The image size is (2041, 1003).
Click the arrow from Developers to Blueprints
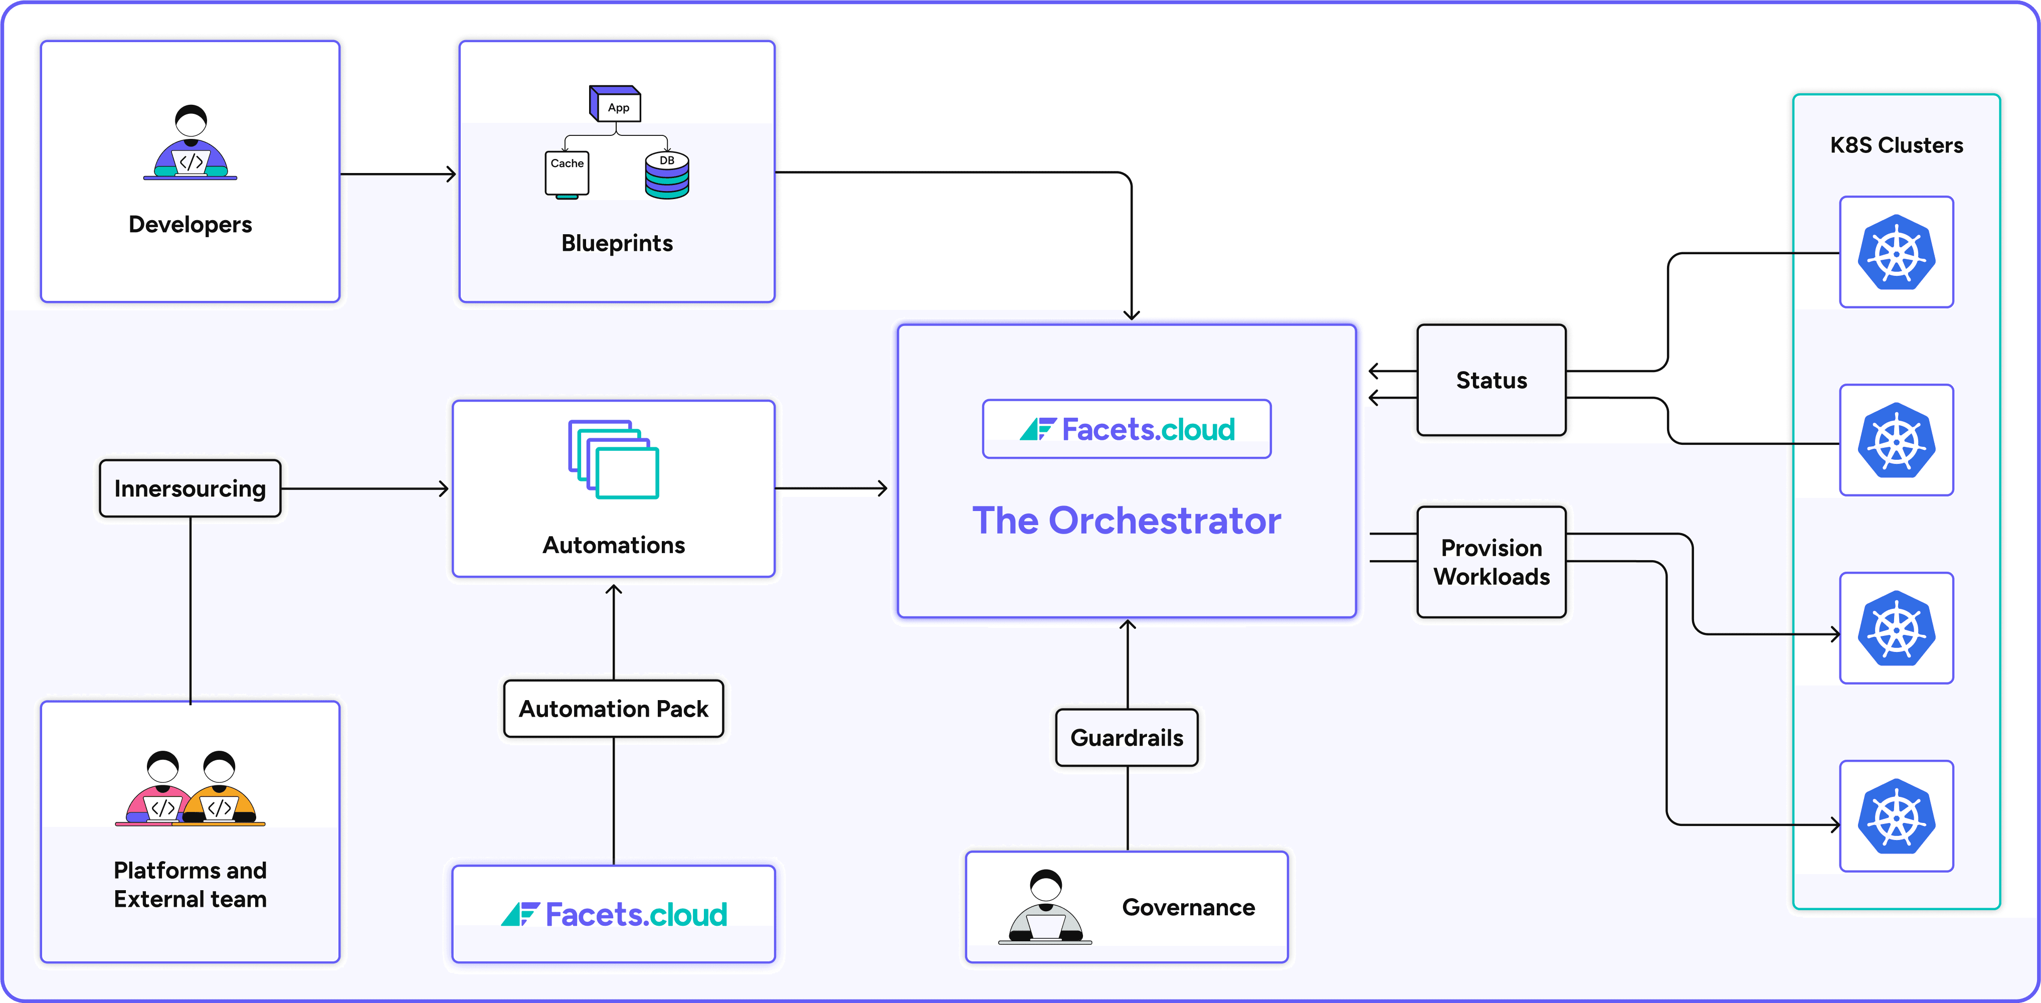(x=398, y=174)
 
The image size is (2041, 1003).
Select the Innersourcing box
(x=190, y=488)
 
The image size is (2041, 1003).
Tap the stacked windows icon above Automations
(x=613, y=459)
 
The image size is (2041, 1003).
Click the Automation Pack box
(x=613, y=708)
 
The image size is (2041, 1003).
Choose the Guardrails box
(x=1127, y=738)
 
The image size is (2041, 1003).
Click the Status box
(x=1491, y=380)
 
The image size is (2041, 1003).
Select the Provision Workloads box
(x=1491, y=562)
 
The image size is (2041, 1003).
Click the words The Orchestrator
(x=1126, y=521)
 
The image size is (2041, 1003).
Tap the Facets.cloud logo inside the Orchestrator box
(x=1127, y=429)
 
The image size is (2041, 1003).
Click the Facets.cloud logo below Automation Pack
(x=613, y=914)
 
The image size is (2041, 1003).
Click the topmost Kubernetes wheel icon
(x=1896, y=252)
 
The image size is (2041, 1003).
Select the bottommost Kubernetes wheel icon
(x=1896, y=816)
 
